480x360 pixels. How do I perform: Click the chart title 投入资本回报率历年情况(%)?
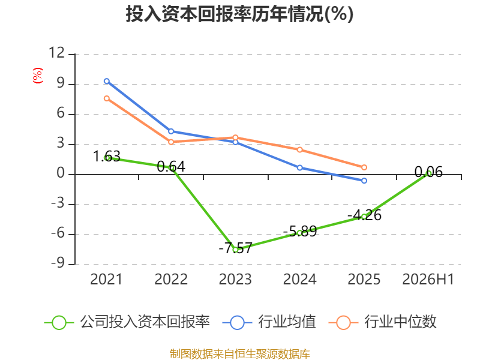239,14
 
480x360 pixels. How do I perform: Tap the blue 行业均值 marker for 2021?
107,81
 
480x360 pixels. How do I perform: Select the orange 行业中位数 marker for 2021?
107,98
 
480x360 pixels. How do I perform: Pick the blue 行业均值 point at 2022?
171,131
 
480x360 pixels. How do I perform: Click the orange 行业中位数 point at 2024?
299,149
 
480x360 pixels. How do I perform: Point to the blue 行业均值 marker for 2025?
364,181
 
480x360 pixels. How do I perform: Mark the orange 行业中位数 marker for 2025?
364,167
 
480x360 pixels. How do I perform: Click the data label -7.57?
235,248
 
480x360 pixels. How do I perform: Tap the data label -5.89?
299,231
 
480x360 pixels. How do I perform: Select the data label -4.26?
364,215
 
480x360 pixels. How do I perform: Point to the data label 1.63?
107,157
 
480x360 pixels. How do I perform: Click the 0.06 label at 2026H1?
428,172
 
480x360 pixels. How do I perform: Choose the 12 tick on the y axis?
57,53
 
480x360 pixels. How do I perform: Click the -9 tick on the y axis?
58,263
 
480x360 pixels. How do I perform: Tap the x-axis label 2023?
235,279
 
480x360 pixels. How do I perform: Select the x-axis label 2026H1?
428,279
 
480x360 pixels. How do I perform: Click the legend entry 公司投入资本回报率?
127,322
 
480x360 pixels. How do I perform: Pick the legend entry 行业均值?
269,322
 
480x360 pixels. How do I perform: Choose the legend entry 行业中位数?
382,322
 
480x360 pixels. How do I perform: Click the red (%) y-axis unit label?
38,76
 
